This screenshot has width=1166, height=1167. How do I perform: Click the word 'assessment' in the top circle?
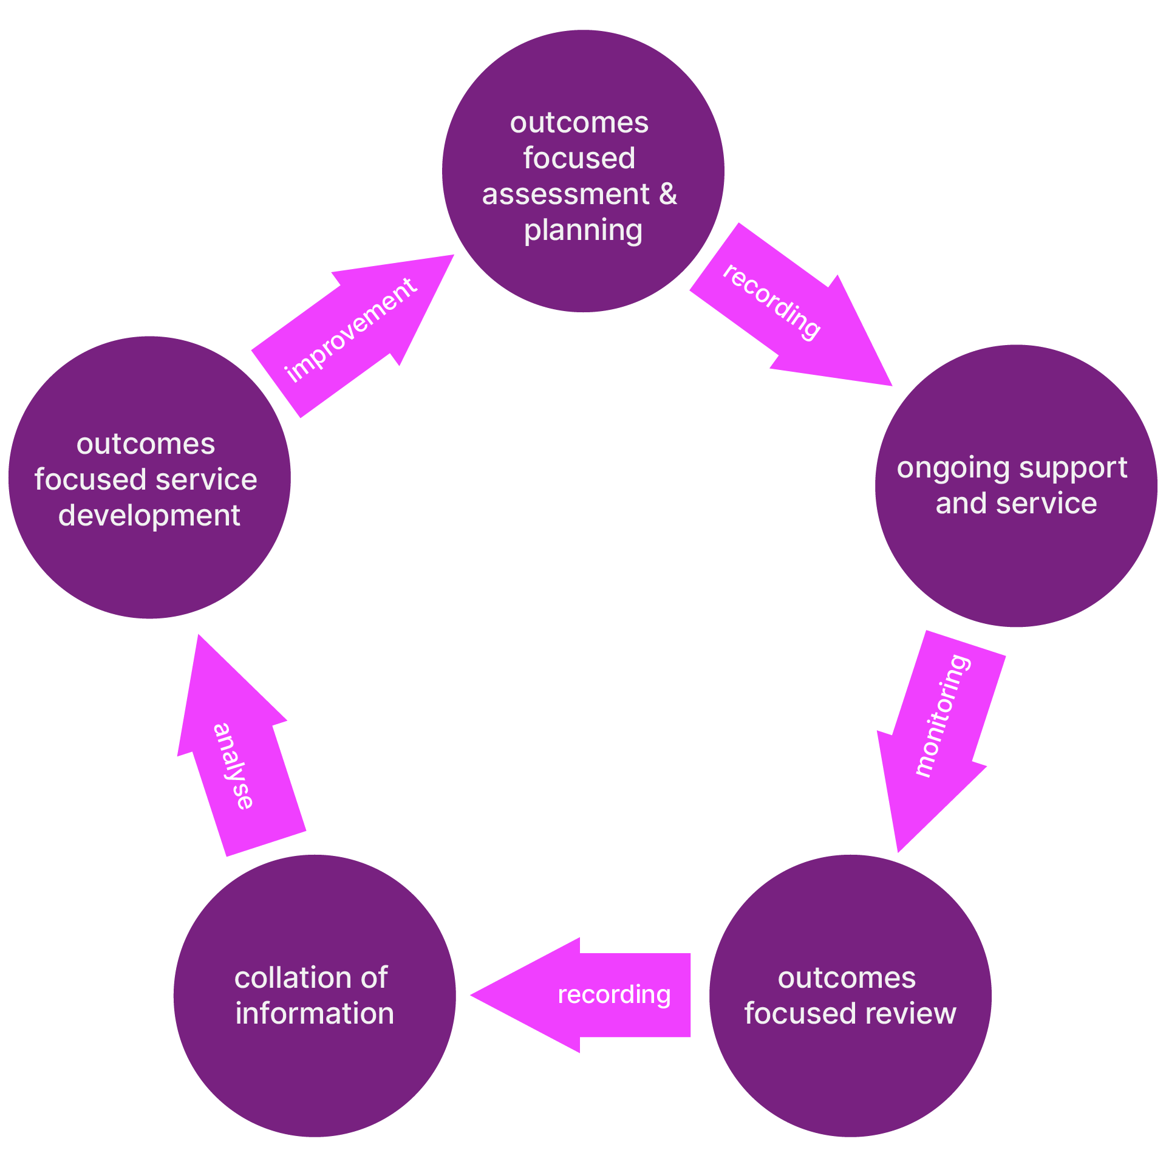pos(565,194)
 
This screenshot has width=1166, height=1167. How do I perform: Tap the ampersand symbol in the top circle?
pos(667,194)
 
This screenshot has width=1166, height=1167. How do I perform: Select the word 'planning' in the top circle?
pos(583,231)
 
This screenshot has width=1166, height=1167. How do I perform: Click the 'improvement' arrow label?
pos(351,330)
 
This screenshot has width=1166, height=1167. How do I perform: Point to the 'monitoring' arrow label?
pos(943,715)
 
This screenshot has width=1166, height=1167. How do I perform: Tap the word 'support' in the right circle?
pos(1073,468)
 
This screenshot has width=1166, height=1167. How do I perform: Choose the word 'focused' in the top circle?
pos(579,158)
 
